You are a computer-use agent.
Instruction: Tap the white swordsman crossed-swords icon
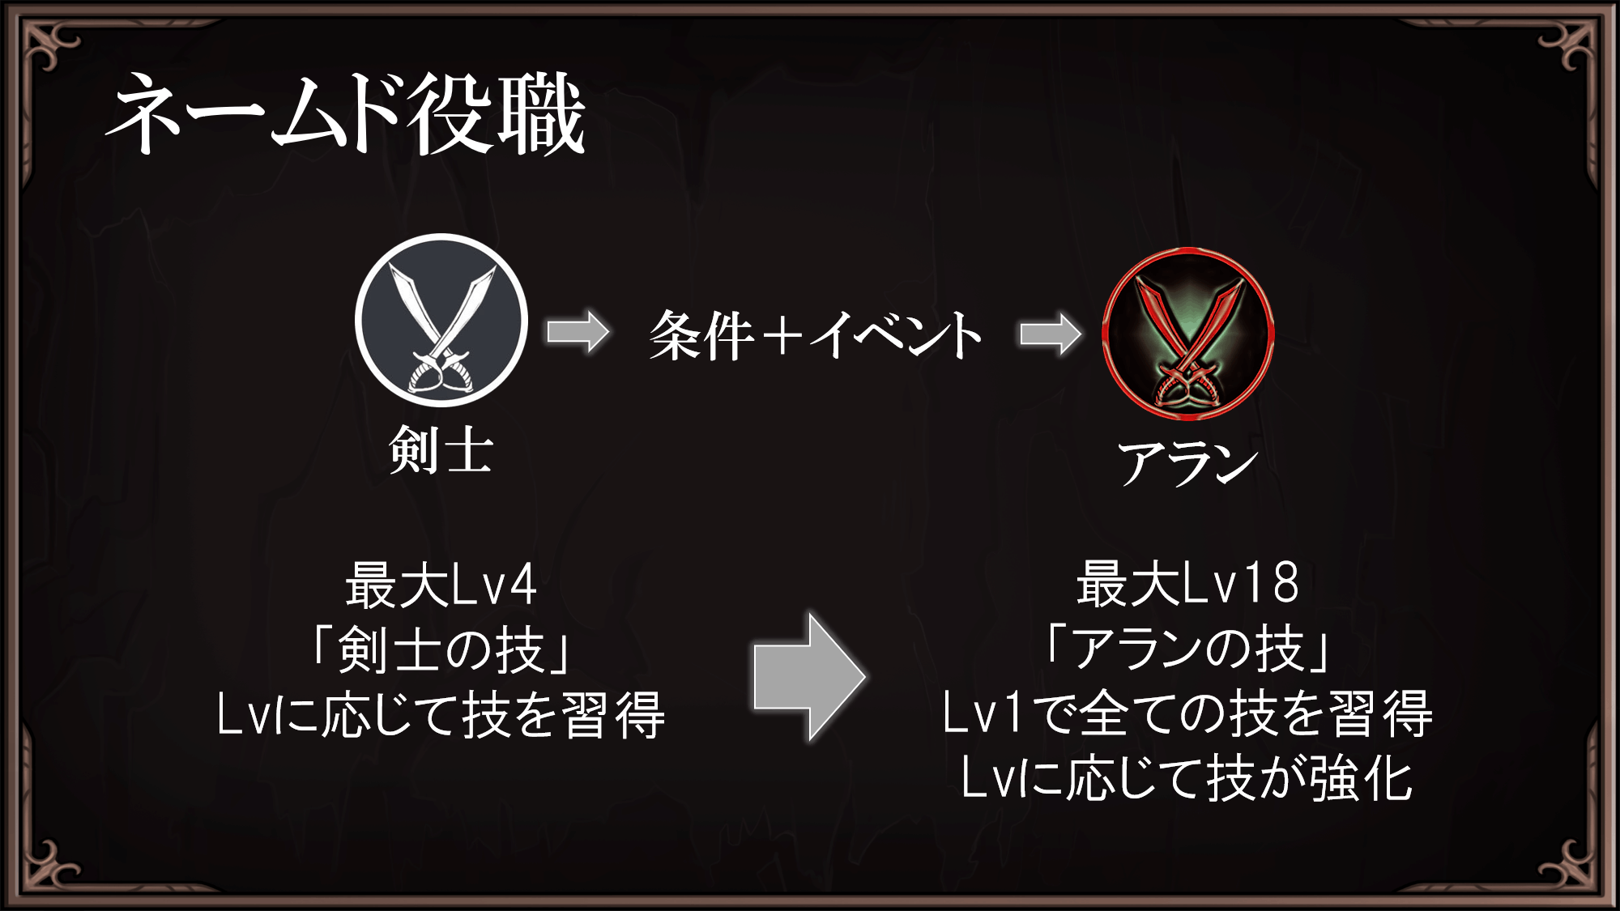click(441, 321)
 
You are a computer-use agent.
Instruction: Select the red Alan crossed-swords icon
click(1188, 334)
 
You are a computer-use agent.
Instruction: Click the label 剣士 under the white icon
click(441, 449)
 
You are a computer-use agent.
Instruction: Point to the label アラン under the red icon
click(1187, 463)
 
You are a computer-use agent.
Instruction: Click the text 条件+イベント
click(815, 334)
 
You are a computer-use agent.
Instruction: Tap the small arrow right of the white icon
click(578, 332)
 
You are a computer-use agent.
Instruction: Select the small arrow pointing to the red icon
click(1050, 333)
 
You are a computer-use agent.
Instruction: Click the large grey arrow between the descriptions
click(808, 677)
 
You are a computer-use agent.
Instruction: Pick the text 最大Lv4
click(441, 585)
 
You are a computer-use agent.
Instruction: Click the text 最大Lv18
click(1187, 583)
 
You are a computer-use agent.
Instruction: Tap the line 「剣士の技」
click(441, 649)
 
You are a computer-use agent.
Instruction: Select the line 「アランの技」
click(1187, 649)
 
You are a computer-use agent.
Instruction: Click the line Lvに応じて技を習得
click(441, 715)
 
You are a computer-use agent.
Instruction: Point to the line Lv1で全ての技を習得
click(1187, 713)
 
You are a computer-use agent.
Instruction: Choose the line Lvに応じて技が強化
click(1187, 778)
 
